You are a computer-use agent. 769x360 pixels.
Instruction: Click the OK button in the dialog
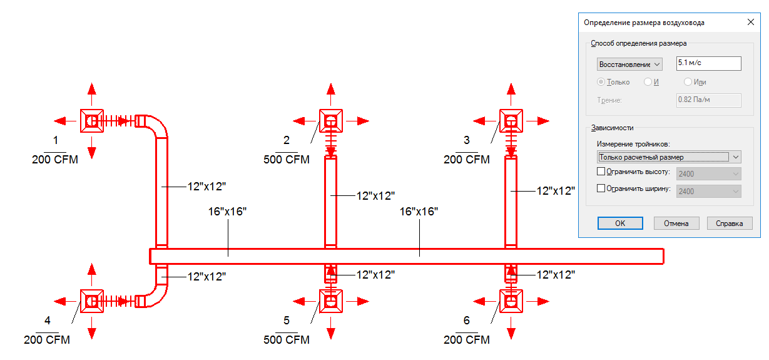point(619,224)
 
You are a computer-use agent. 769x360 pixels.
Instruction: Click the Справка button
point(729,224)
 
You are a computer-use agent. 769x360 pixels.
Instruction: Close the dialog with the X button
point(750,22)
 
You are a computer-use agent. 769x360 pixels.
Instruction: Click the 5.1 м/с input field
point(708,63)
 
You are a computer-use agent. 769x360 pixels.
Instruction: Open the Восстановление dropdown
point(629,64)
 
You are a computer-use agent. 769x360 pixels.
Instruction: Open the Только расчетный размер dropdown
point(669,157)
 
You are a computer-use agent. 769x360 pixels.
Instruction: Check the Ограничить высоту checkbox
point(601,172)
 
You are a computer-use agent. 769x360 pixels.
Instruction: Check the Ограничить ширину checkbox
point(601,188)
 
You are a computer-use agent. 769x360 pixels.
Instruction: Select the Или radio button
point(688,82)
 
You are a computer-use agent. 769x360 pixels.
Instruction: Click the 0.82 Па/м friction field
point(708,100)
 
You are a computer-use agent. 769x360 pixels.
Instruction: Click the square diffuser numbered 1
point(91,120)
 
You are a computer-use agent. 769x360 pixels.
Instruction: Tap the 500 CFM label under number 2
point(287,159)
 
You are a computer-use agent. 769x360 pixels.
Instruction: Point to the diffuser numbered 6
point(511,302)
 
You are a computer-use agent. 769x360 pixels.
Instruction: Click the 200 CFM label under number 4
point(47,340)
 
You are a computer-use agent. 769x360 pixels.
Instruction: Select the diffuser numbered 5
point(330,302)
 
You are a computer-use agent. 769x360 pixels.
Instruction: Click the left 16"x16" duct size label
point(228,211)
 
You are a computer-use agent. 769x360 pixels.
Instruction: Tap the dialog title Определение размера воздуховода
point(644,23)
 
